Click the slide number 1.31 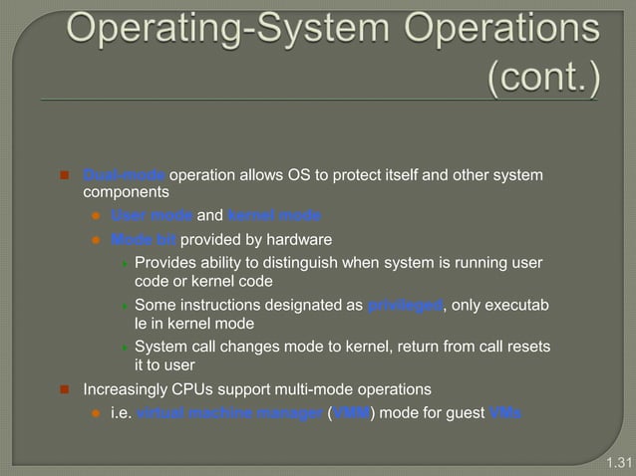point(619,463)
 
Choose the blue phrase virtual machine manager point(230,413)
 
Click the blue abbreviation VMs point(502,413)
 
